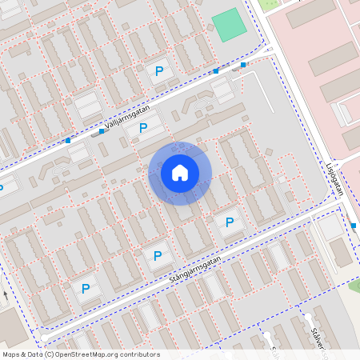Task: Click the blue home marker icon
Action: [x=180, y=172]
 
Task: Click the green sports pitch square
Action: [x=230, y=25]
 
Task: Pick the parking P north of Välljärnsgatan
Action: [x=159, y=71]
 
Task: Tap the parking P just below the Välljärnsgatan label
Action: [x=143, y=127]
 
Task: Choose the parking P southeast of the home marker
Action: [x=230, y=222]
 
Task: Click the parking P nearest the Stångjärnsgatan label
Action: [x=158, y=256]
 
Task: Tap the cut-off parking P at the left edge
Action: [x=2, y=189]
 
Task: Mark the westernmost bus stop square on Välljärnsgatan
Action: [x=68, y=141]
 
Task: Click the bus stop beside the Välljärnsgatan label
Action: [x=102, y=131]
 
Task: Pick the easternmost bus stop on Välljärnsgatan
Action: [x=243, y=64]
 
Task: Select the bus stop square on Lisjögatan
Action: [x=354, y=226]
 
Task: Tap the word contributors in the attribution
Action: [x=141, y=354]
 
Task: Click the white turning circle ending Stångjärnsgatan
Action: [x=38, y=327]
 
